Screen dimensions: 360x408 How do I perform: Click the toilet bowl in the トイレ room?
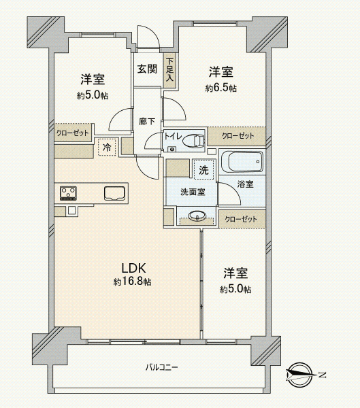193,141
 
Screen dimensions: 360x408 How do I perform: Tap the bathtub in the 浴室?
242,162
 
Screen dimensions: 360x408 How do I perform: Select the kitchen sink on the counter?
114,194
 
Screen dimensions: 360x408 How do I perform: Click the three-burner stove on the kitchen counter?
68,193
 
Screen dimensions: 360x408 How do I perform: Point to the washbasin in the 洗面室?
197,216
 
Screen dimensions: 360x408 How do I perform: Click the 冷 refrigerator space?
107,148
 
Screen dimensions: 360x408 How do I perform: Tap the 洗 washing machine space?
204,170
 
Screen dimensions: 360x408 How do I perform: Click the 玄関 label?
147,69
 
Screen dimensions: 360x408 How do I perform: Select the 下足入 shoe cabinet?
170,70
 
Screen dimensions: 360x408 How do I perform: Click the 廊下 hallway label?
147,121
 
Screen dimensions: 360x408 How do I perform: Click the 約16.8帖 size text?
132,282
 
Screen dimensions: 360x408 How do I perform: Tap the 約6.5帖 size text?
221,88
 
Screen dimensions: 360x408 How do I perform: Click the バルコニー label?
161,368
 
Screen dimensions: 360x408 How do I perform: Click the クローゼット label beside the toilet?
238,136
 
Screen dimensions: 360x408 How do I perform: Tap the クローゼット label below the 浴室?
241,220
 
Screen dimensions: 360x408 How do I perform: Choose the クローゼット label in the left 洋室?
73,133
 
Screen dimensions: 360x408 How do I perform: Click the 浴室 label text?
246,184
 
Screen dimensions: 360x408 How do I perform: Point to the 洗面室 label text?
193,192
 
